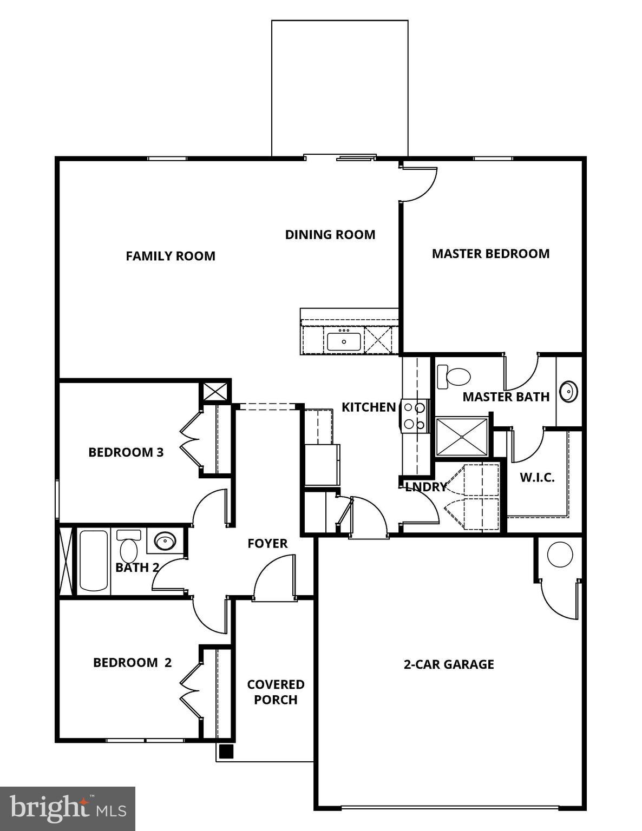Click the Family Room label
point(171,256)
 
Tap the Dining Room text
point(330,234)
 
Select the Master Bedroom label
point(490,254)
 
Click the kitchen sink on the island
point(344,341)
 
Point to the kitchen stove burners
point(415,416)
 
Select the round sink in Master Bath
point(568,391)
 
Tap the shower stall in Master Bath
point(462,436)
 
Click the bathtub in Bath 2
point(94,560)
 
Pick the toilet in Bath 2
point(129,546)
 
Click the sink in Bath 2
point(165,540)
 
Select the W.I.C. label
point(537,477)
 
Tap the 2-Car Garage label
point(449,664)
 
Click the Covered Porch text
point(276,692)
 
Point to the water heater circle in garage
point(560,555)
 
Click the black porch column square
point(226,751)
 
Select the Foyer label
point(267,544)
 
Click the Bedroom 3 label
point(126,452)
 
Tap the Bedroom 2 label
point(132,663)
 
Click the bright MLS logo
point(68,809)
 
